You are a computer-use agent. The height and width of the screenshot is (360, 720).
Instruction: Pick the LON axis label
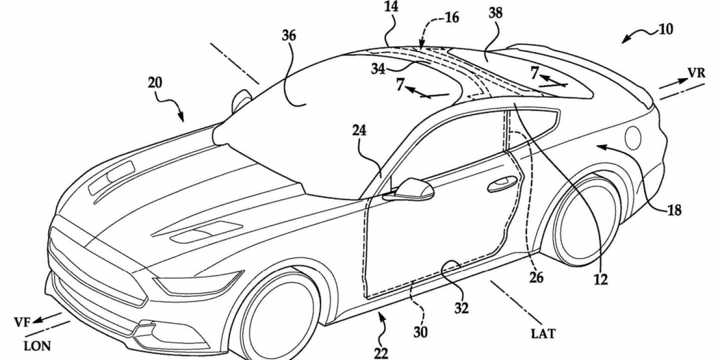tap(37, 346)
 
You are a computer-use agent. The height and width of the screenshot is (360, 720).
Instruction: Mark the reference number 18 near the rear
tap(674, 211)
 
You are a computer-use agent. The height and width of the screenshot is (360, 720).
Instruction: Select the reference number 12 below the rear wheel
tap(601, 279)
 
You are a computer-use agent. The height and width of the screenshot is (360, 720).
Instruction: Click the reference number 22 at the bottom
tap(381, 352)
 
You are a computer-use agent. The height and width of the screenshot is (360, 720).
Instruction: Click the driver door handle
tap(502, 182)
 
